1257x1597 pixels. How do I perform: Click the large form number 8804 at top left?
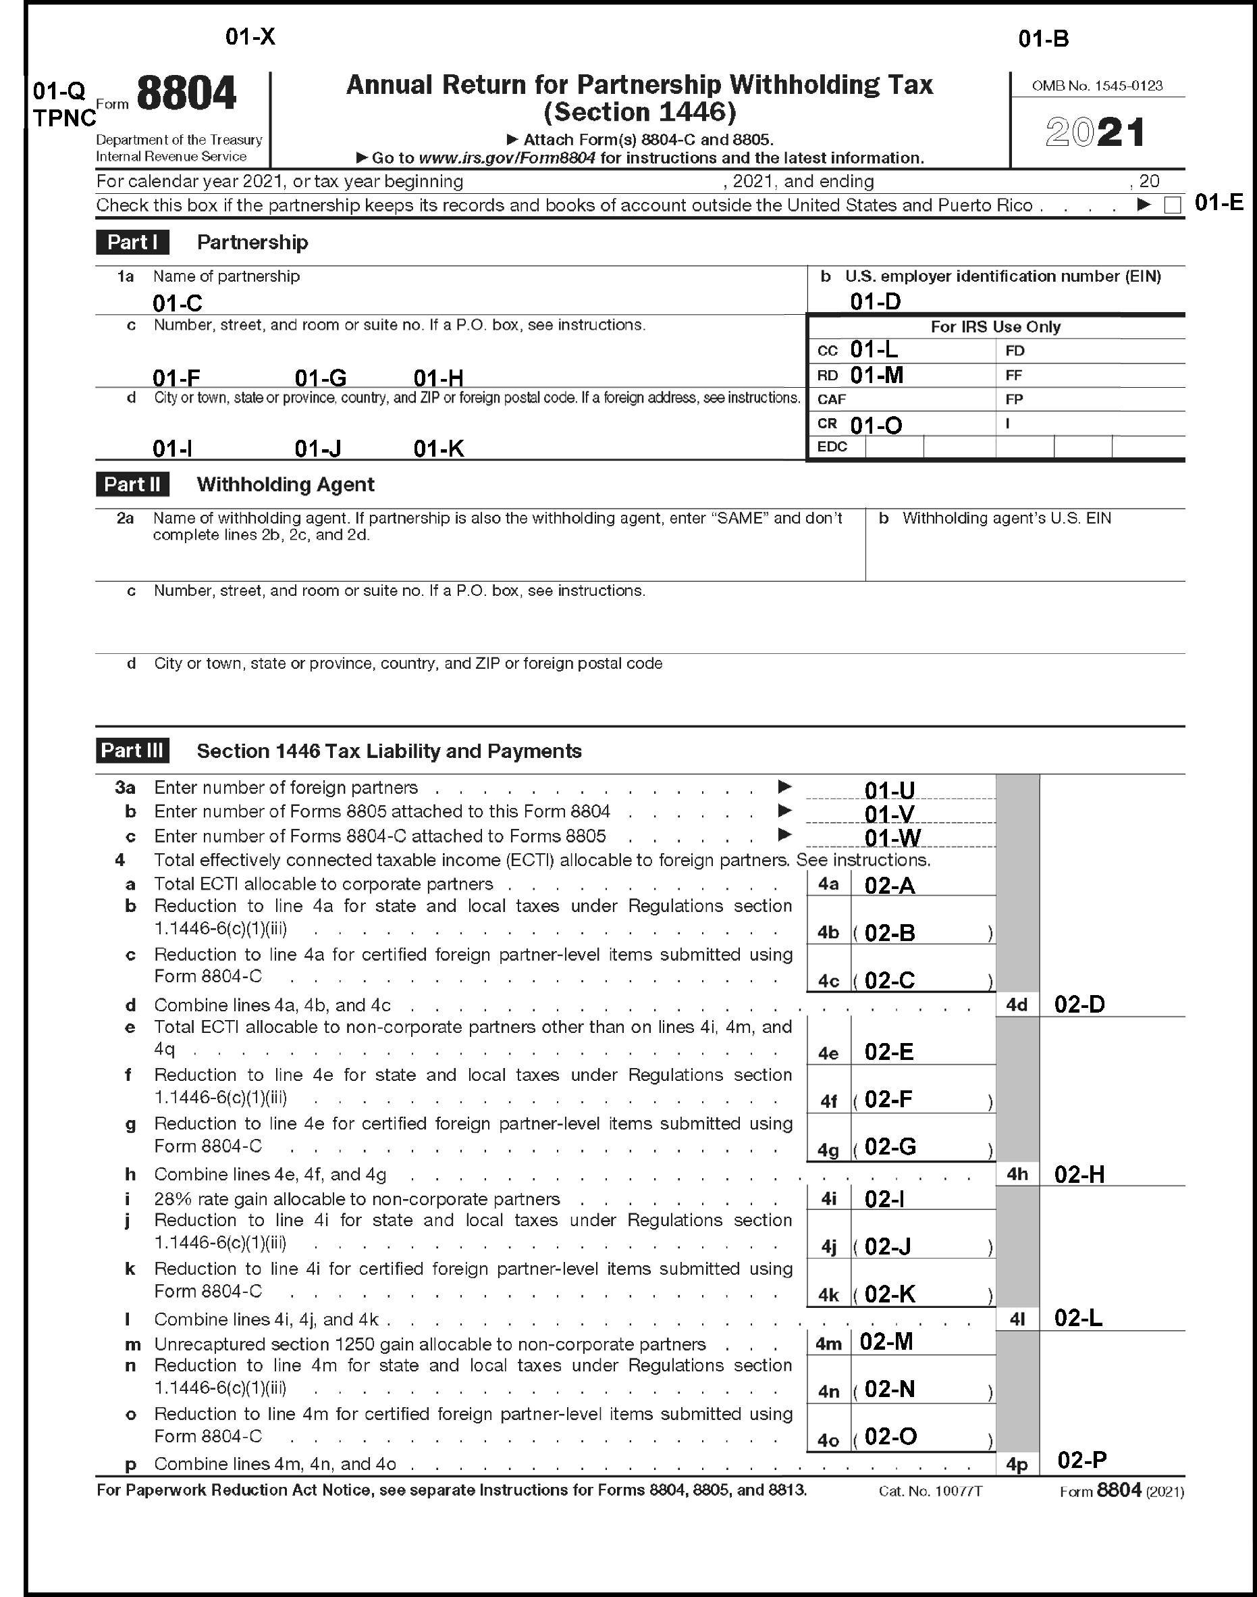186,95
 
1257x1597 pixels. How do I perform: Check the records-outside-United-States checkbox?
1173,205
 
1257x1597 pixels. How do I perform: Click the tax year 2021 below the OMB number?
1095,132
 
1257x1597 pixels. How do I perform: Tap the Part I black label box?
132,243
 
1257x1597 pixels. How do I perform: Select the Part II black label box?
132,484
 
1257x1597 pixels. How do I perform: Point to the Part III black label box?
132,751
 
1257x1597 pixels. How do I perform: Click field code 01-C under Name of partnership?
178,303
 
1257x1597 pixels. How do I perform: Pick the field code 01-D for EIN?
875,301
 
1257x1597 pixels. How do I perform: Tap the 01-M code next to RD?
876,376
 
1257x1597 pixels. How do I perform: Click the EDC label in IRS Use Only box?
832,447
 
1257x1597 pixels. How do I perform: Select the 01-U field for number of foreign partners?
890,790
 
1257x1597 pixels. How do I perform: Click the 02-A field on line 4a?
890,885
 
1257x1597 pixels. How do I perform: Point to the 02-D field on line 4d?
1079,1005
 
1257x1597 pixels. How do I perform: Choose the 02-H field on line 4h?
1079,1174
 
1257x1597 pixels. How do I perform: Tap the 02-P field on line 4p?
1082,1459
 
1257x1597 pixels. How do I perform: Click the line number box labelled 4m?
829,1344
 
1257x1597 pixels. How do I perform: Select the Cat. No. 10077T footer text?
930,1492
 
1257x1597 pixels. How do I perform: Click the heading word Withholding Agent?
286,484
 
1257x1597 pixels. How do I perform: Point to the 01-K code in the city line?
439,449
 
